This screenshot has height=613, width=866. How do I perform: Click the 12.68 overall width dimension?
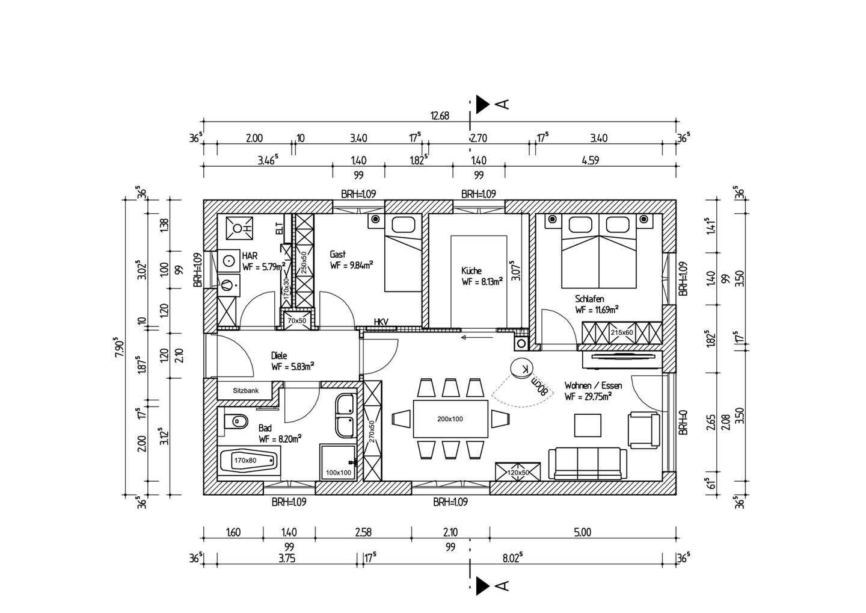tap(440, 116)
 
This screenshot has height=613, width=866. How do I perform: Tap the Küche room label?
tap(471, 270)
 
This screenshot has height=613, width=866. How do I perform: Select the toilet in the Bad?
tap(236, 421)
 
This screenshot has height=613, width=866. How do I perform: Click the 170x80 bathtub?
tap(249, 460)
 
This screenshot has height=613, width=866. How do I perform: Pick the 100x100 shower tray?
tap(338, 462)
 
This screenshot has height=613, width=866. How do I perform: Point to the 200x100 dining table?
tap(450, 419)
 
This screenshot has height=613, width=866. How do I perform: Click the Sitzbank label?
tap(245, 391)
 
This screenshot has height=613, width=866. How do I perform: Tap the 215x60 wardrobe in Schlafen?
tap(622, 332)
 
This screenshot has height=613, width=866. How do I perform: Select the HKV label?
tap(381, 322)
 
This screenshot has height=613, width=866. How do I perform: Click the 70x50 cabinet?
tap(297, 320)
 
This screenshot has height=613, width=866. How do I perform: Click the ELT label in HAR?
tap(279, 229)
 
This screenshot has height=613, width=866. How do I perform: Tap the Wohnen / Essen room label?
tap(593, 385)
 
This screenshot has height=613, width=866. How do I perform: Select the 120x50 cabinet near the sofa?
tap(518, 471)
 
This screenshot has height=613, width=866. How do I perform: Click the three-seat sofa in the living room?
tap(588, 464)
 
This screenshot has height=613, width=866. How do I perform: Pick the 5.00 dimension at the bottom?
tap(583, 532)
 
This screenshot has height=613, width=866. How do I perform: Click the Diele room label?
tap(279, 355)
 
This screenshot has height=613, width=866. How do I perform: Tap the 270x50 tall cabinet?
tap(373, 431)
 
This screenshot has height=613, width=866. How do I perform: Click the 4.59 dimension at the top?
tap(591, 160)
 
